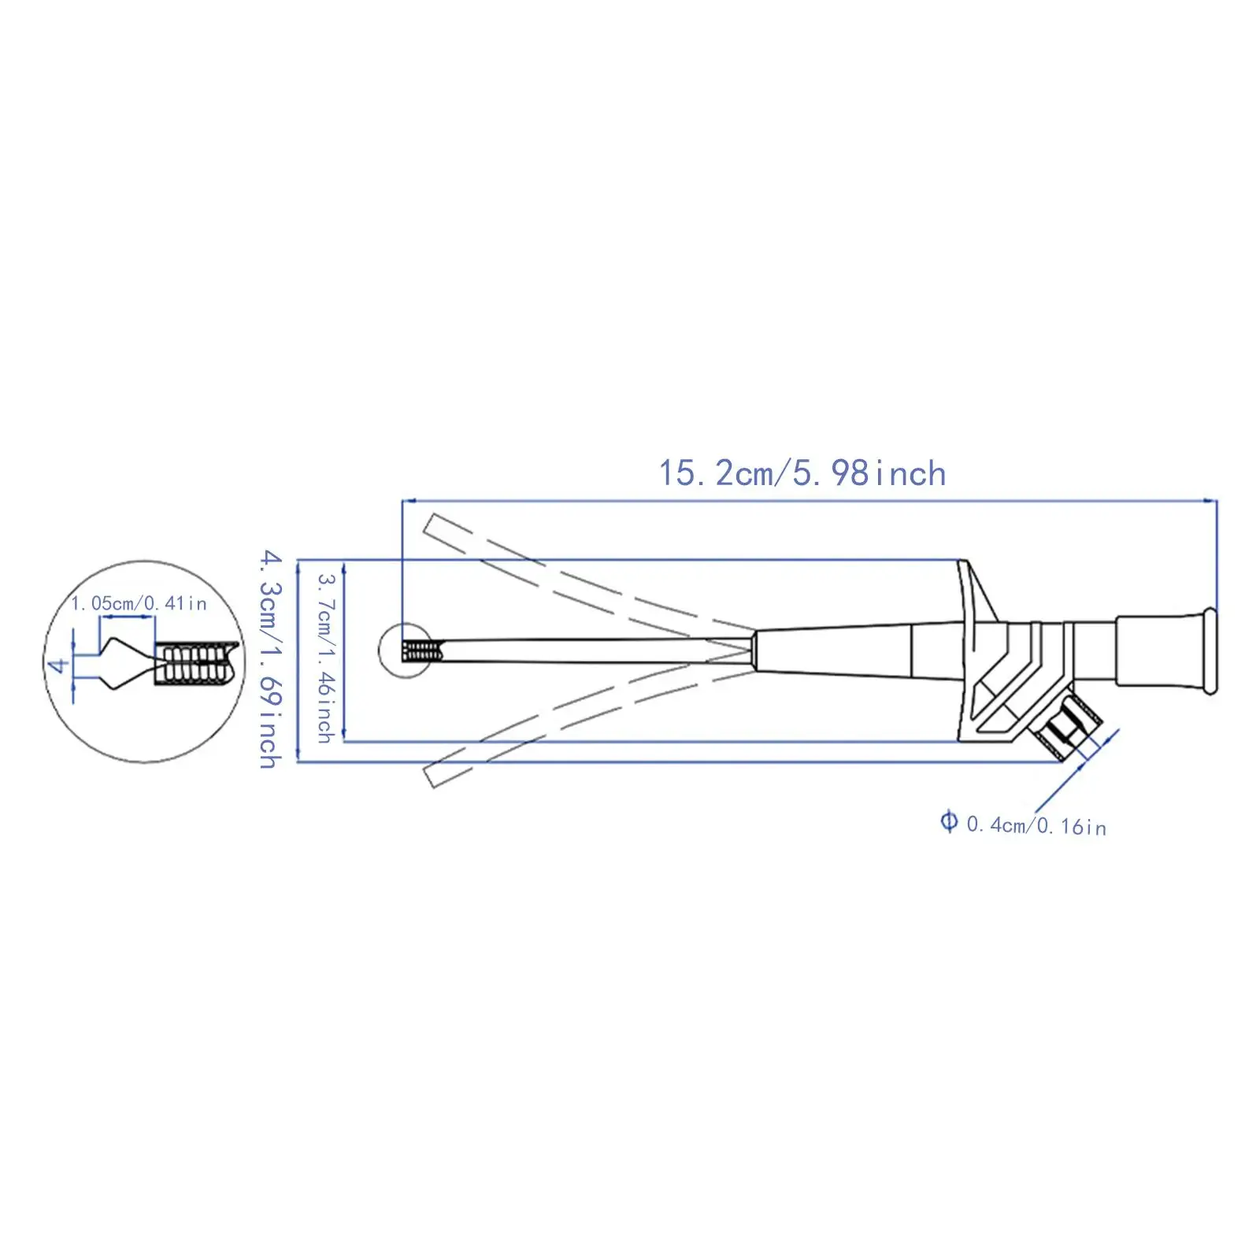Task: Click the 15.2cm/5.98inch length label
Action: [802, 473]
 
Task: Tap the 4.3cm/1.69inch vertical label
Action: [271, 658]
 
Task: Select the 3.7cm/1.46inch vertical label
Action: [326, 658]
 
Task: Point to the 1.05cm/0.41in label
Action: [139, 603]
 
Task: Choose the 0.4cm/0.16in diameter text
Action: [1036, 825]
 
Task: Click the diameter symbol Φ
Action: [949, 822]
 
